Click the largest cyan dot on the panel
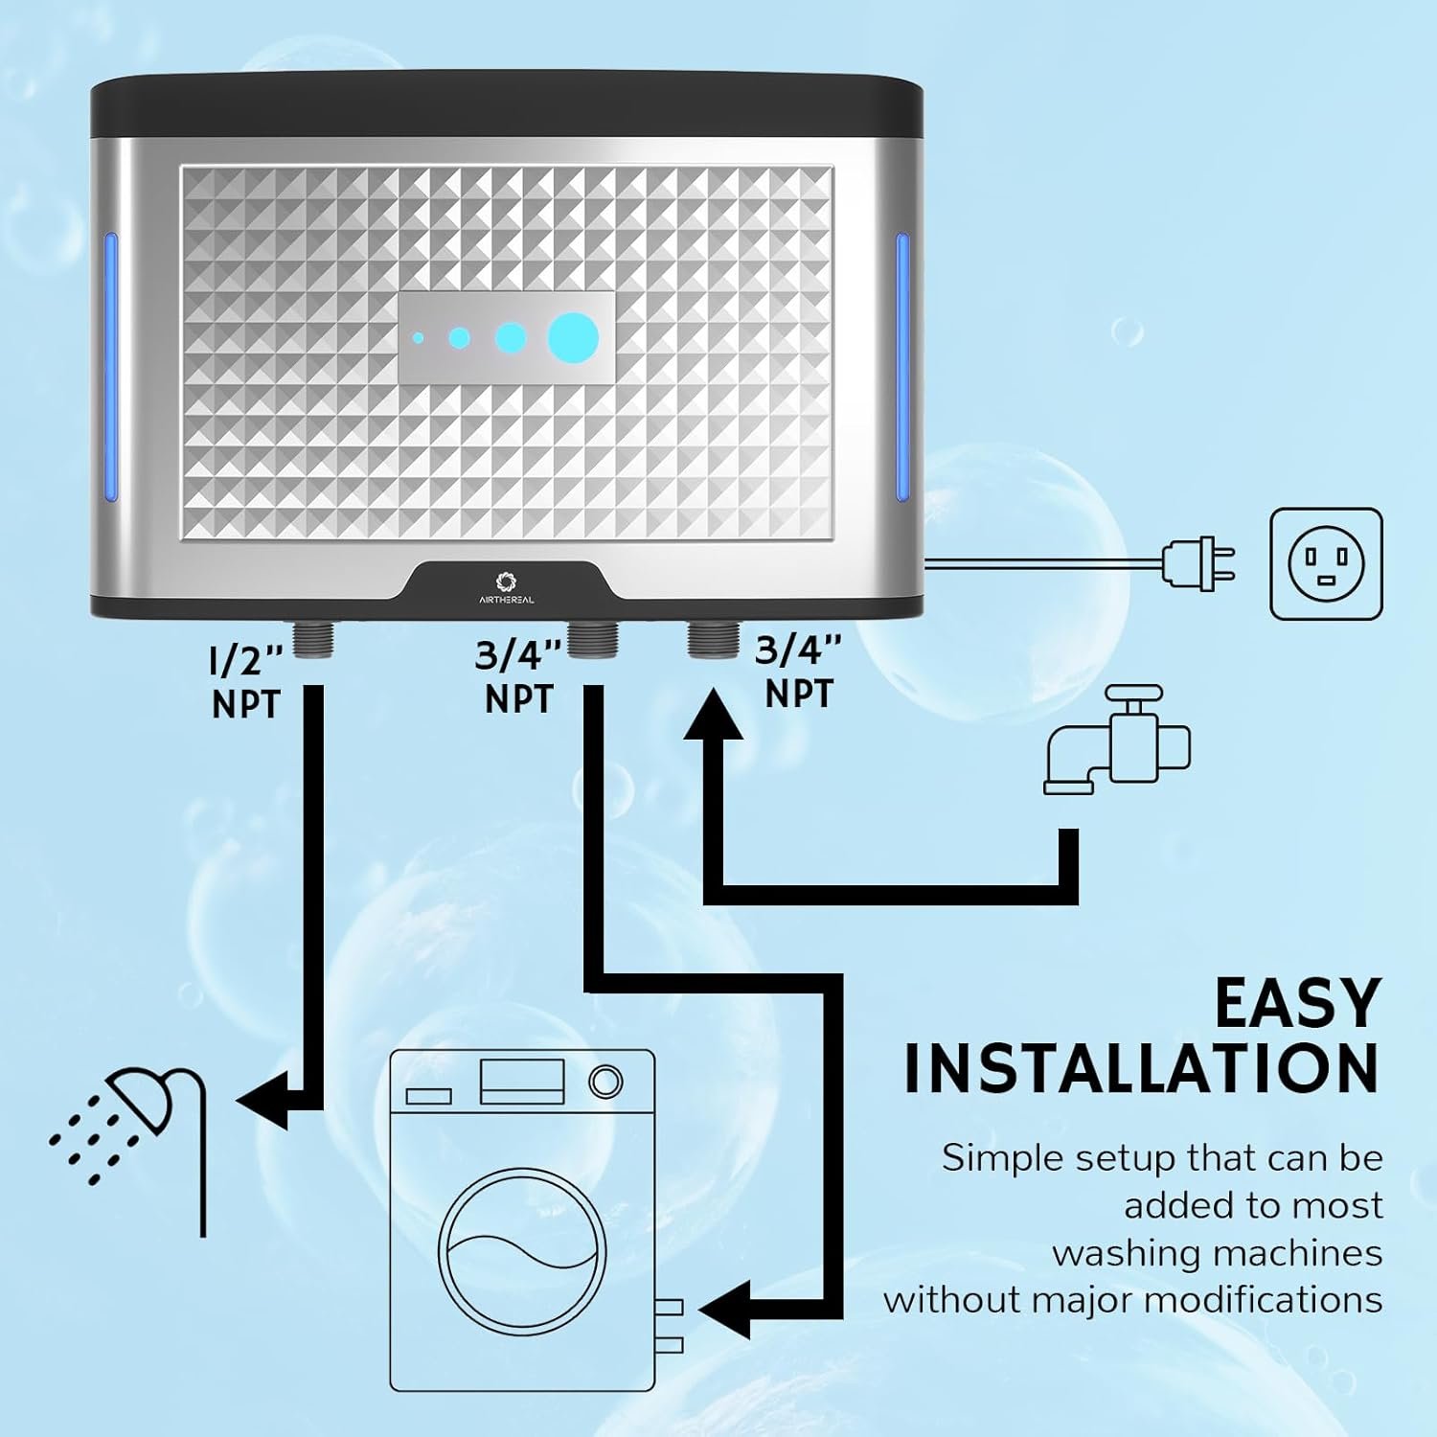(573, 338)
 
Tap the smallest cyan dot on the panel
(419, 338)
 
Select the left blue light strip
(110, 367)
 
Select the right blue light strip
(902, 367)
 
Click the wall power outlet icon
(1326, 563)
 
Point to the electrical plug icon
(1197, 563)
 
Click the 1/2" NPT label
(246, 682)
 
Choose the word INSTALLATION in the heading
(1141, 1068)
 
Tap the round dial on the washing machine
(605, 1081)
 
